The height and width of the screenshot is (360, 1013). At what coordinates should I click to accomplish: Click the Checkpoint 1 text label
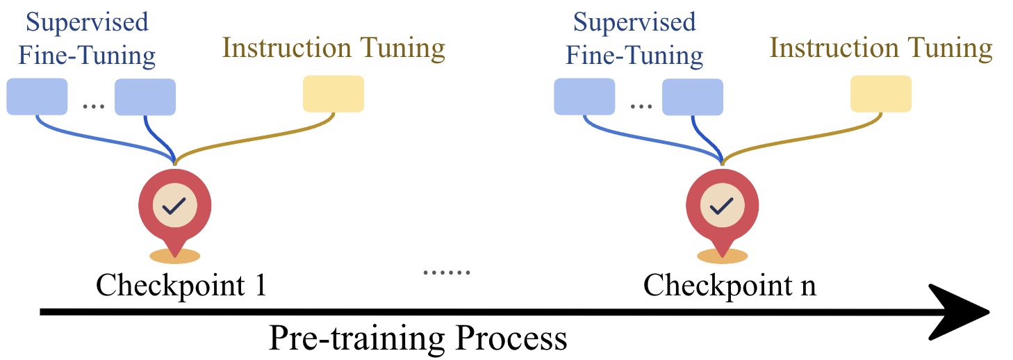click(x=181, y=285)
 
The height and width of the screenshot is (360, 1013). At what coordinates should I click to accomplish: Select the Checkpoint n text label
click(x=729, y=285)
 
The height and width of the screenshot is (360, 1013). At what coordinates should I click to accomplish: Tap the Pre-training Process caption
click(x=418, y=339)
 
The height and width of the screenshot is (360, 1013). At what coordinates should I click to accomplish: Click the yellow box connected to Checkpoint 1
click(x=333, y=94)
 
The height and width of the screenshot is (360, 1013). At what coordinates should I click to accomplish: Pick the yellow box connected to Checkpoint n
click(x=881, y=94)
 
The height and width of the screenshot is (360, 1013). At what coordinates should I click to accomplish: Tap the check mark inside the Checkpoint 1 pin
click(x=174, y=205)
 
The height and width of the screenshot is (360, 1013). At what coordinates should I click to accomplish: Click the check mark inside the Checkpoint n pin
click(x=722, y=205)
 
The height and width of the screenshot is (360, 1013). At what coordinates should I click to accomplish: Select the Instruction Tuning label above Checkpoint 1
click(x=333, y=49)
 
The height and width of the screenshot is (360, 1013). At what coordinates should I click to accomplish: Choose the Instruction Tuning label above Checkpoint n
click(x=881, y=49)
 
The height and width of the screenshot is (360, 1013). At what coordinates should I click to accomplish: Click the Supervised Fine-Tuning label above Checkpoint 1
click(x=87, y=38)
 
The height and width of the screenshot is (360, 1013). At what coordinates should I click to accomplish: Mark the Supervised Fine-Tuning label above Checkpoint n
click(x=634, y=38)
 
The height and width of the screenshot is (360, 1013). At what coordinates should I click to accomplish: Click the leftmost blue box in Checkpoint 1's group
click(x=37, y=97)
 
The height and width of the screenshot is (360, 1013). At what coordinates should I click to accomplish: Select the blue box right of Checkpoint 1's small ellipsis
click(x=145, y=97)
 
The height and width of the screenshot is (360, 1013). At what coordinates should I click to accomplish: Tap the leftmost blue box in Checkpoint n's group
click(x=584, y=97)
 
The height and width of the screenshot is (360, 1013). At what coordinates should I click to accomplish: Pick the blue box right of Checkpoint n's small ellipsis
click(x=693, y=97)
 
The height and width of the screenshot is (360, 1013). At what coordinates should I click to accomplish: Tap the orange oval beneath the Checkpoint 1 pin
click(x=174, y=256)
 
